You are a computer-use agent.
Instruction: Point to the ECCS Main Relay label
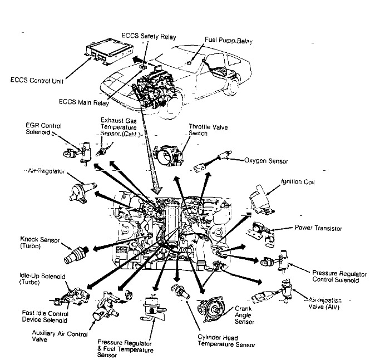(x=83, y=102)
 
